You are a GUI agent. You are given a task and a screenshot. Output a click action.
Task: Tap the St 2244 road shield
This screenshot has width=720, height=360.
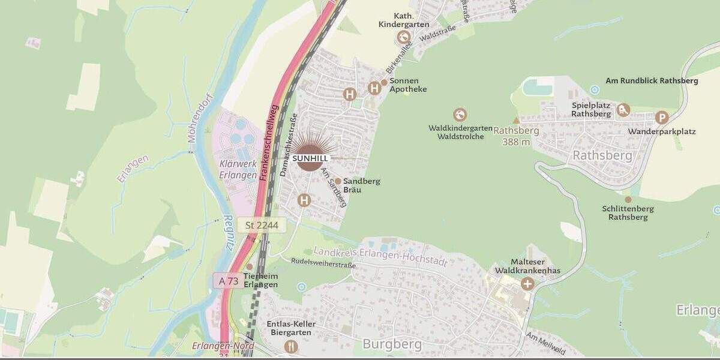tap(262, 225)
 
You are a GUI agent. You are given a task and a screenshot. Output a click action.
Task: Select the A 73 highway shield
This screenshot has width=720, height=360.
tap(229, 281)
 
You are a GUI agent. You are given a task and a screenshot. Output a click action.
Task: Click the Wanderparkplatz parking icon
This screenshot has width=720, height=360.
tap(662, 118)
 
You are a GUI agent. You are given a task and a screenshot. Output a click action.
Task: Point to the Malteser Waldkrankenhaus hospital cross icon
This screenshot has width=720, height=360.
tap(527, 283)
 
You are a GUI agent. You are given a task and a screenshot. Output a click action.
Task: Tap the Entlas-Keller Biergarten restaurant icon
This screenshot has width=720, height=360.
tap(291, 346)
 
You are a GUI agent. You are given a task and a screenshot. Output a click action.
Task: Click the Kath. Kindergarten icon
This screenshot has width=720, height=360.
tap(403, 37)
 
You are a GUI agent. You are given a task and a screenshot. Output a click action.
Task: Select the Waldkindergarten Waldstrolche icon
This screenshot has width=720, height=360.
tap(460, 115)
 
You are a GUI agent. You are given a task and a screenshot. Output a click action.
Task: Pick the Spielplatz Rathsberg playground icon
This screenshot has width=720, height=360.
tap(623, 110)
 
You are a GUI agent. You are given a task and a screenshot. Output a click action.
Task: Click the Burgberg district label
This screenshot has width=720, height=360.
tap(392, 344)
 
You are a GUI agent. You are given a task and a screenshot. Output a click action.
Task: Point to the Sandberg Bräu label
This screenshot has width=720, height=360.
tap(361, 185)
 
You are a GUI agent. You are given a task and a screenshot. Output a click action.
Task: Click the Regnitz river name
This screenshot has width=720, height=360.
tap(228, 233)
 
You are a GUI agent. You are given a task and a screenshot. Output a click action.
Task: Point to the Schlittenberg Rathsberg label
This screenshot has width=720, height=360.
tap(628, 213)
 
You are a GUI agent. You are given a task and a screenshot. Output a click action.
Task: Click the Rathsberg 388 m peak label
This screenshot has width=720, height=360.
tap(516, 136)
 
